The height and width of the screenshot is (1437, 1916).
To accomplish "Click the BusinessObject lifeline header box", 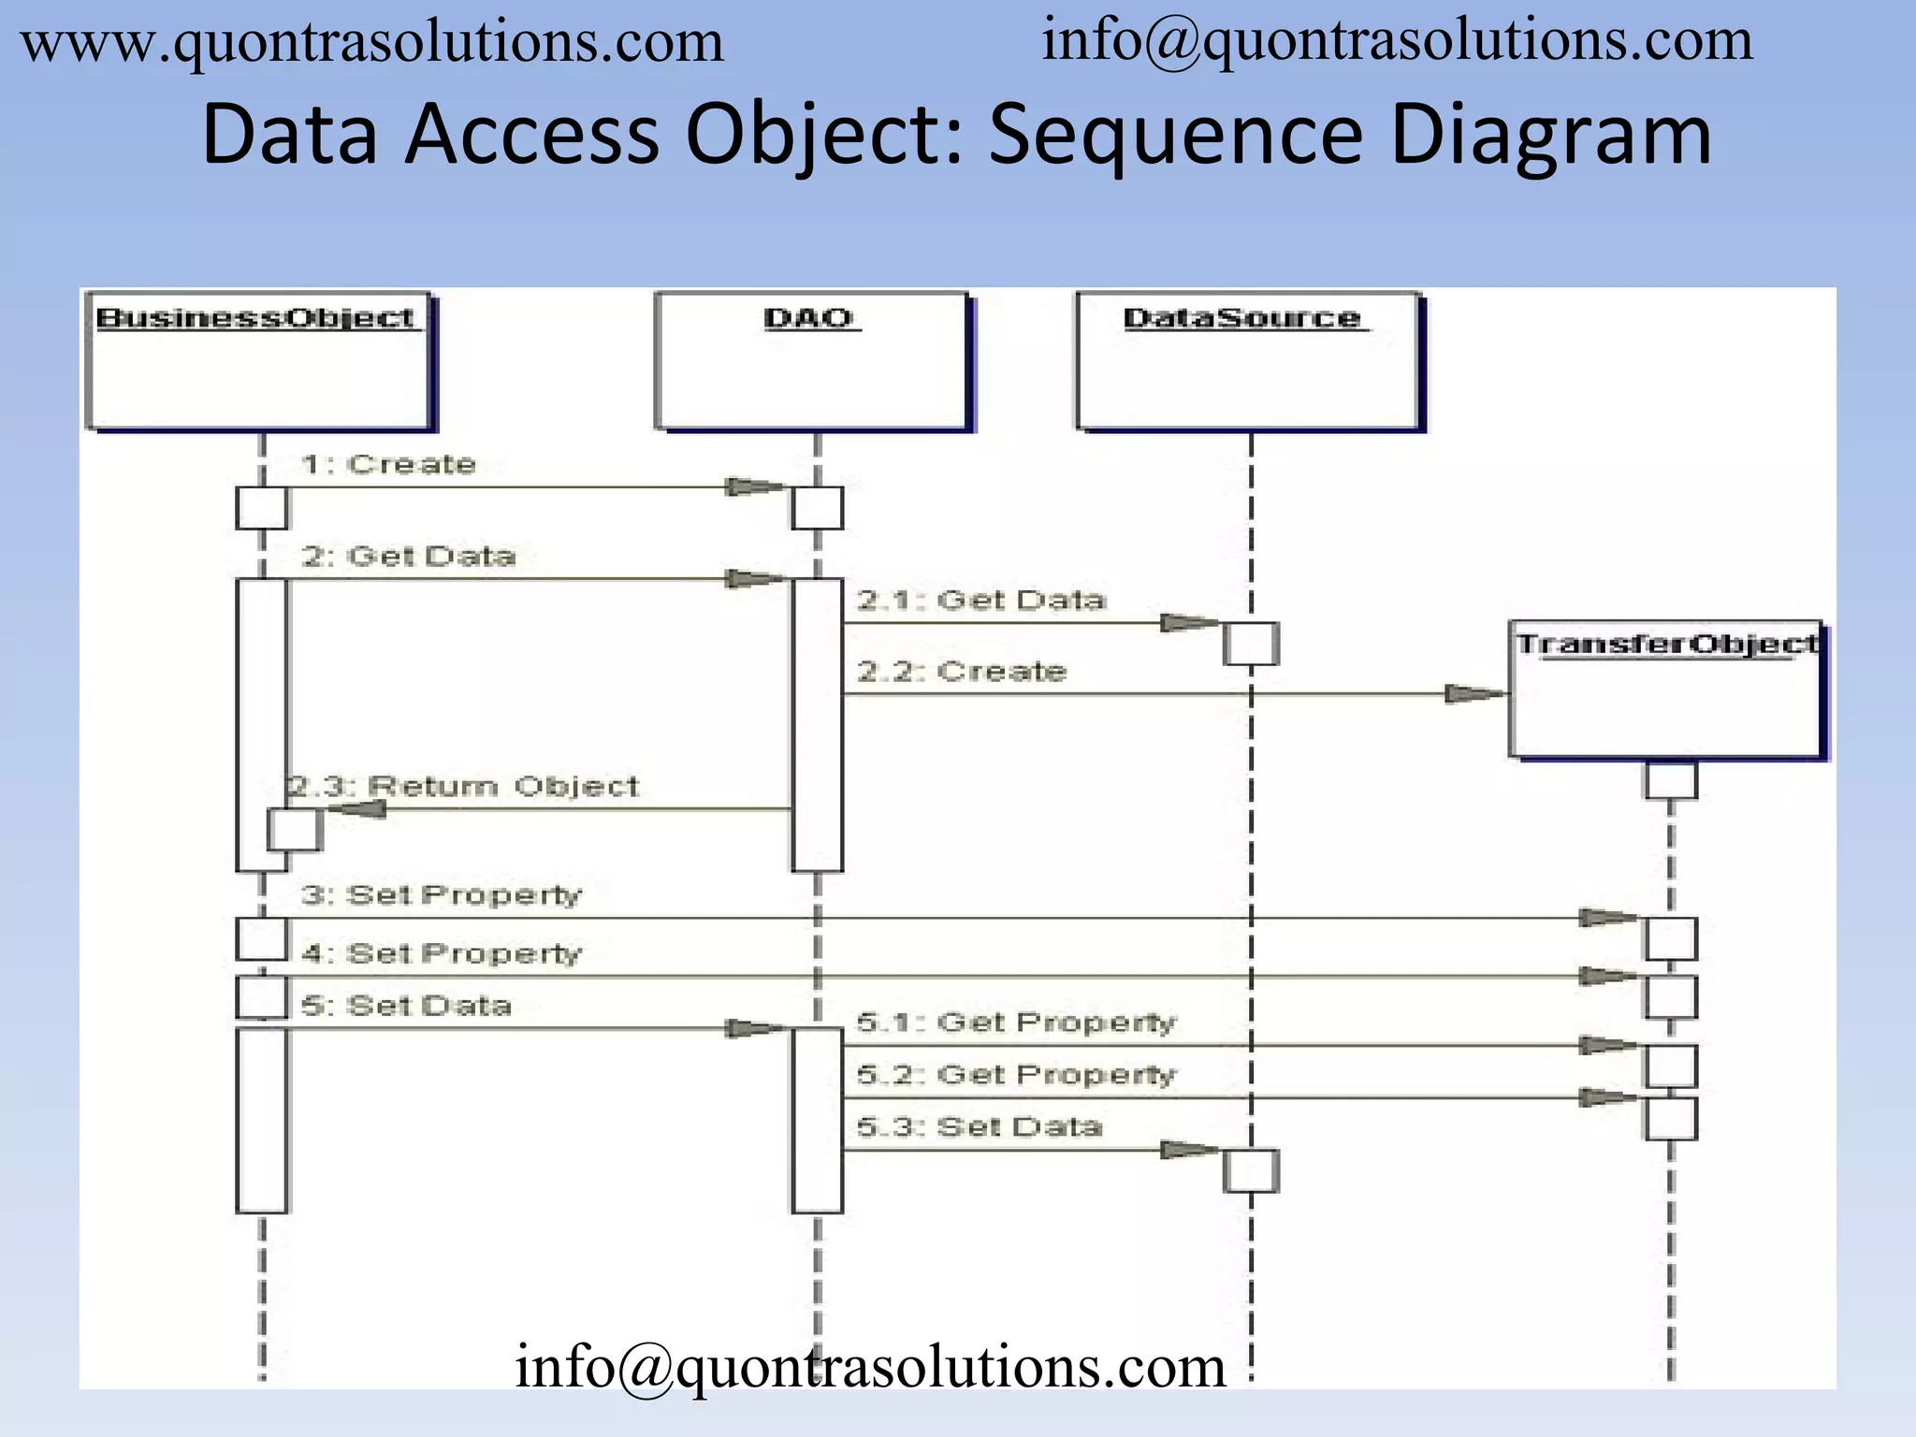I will click(x=259, y=361).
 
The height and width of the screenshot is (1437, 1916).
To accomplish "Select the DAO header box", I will click(x=812, y=361).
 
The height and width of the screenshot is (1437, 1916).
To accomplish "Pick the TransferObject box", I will click(x=1667, y=689).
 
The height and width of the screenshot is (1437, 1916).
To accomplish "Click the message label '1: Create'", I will click(x=388, y=464).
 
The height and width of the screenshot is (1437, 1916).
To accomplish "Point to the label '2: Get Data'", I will click(x=408, y=557).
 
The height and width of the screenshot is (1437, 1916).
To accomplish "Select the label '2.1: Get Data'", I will click(x=981, y=600).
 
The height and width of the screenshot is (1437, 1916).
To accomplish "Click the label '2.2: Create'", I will click(x=962, y=671).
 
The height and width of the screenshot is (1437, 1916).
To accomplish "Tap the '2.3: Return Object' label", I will click(x=463, y=786).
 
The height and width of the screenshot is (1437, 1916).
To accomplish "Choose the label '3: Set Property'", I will click(x=441, y=895).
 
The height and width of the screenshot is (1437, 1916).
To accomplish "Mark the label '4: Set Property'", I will click(x=441, y=953).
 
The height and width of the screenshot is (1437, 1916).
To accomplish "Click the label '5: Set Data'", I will click(x=406, y=1006).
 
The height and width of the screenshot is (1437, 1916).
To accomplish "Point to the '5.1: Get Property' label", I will click(x=1016, y=1023).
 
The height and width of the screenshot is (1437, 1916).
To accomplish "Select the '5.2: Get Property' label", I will click(x=1016, y=1075).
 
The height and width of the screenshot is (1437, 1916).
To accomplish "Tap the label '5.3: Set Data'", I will click(x=979, y=1126).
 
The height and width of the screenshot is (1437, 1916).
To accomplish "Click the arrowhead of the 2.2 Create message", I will click(x=1475, y=693).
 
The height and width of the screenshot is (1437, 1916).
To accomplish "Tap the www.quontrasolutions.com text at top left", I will click(x=372, y=42).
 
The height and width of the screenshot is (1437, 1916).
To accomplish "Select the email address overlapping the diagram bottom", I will click(x=870, y=1367).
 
